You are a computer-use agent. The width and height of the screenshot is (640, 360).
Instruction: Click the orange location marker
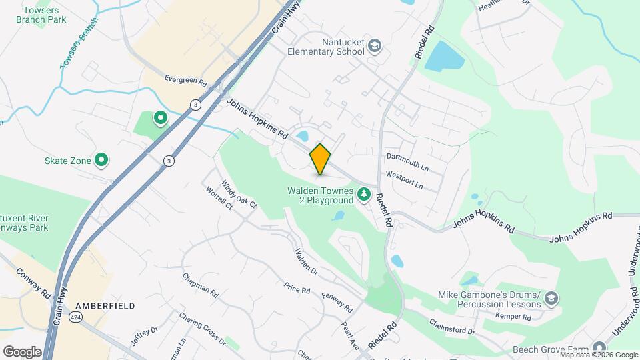[x=320, y=159]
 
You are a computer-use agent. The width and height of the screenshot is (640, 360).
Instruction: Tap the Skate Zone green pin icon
[x=101, y=159]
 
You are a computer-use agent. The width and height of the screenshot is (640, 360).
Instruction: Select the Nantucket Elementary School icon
[x=375, y=46]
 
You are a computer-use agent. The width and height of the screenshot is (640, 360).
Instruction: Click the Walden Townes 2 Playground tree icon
[x=364, y=195]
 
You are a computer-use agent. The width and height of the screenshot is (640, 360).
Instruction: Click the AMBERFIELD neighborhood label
[x=105, y=305]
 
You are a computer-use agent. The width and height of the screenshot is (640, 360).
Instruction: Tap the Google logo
[x=23, y=351]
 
